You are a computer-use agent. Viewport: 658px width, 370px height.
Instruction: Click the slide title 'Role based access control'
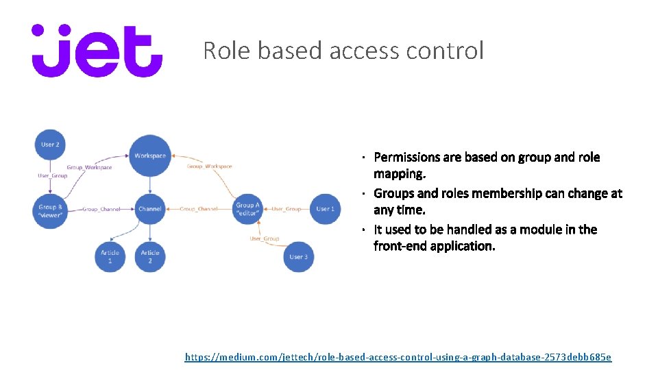click(343, 51)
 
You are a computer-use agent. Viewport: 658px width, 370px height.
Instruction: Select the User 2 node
click(50, 145)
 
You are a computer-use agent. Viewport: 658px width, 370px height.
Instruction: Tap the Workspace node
click(150, 156)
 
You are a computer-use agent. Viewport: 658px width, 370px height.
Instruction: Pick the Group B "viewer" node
click(50, 209)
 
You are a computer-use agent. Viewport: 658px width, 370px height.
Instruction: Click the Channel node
click(150, 209)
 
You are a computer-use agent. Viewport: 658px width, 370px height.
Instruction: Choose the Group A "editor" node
click(247, 209)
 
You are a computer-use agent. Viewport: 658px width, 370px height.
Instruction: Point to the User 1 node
click(325, 209)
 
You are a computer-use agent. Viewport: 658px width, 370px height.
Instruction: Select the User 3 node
click(298, 257)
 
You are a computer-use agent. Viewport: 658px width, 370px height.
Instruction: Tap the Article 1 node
click(110, 257)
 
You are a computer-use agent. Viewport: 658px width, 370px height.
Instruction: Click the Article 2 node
click(150, 257)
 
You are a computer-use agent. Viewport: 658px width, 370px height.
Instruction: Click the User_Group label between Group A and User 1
click(287, 209)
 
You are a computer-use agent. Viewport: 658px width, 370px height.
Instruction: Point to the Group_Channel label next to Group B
click(101, 209)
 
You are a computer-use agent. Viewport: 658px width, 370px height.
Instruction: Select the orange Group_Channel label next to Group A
click(199, 209)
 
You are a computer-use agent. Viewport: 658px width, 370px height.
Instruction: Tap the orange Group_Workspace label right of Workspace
click(210, 166)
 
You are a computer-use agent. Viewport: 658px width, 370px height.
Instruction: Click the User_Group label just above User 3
click(265, 238)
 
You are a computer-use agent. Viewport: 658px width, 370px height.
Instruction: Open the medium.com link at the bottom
click(398, 357)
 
